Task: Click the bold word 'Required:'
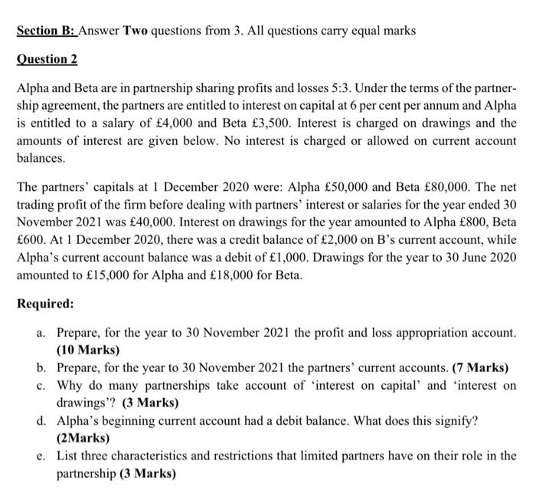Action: pos(45,304)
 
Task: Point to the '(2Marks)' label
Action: pos(84,438)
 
